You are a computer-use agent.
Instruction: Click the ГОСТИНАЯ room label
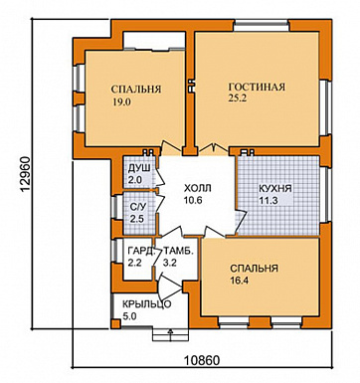coord(257,87)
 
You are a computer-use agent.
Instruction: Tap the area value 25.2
coord(238,98)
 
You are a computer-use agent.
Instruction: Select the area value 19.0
coord(121,102)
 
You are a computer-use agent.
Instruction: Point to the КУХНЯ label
coord(275,189)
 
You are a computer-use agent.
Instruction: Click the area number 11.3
coord(268,201)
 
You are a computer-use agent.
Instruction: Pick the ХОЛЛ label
coord(198,188)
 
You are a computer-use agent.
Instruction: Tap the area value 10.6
coord(193,201)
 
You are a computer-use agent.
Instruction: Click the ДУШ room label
coord(139,168)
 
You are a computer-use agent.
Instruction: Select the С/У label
coord(138,208)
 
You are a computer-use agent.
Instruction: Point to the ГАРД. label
coord(141,251)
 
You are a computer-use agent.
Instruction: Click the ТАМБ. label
coord(178,251)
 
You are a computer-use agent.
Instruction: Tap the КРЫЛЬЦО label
coord(147,304)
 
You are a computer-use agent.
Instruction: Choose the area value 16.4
coord(240,281)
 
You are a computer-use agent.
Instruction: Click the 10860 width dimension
coord(202,360)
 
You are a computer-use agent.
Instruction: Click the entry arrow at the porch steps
coord(170,335)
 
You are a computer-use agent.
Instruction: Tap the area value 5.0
coord(129,316)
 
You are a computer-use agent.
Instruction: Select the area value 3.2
coord(170,263)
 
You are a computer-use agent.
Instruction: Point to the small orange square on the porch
coord(115,324)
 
